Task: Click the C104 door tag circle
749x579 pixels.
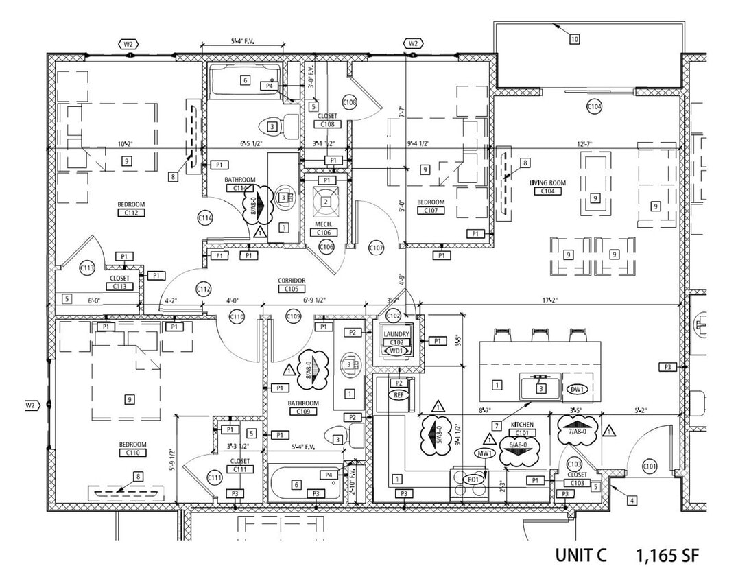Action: (594, 106)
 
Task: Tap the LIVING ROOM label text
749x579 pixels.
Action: (547, 183)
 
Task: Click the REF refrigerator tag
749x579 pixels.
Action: (399, 396)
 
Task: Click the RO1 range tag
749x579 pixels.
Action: (473, 480)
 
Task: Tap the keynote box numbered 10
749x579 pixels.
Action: (574, 39)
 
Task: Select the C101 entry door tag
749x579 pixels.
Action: (650, 467)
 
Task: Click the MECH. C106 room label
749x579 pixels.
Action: (325, 228)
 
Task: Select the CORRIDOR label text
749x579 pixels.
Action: (292, 281)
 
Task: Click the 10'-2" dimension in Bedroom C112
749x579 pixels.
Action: (123, 144)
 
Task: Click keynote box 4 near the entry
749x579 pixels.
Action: (631, 501)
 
